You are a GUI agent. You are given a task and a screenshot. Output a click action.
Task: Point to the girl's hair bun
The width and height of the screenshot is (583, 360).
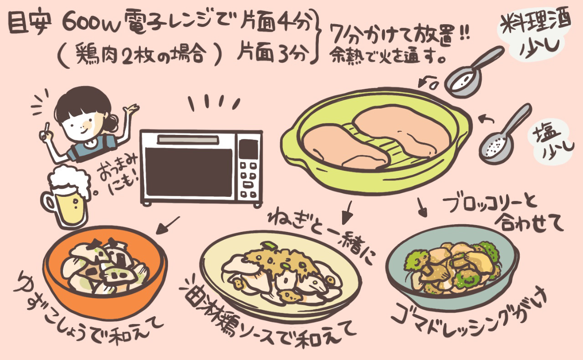111,122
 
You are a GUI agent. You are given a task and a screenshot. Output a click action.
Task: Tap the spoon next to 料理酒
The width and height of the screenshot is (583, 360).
469,73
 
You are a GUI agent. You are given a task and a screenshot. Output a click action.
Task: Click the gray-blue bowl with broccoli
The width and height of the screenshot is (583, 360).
451,269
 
